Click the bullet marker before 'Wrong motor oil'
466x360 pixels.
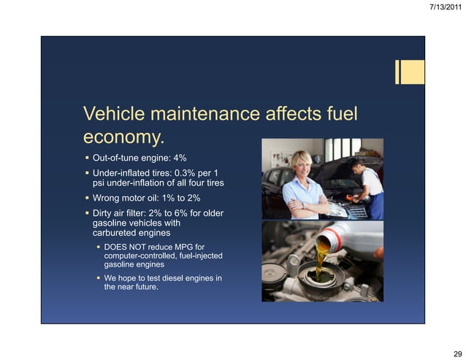pos(86,198)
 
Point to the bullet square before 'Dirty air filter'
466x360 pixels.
pos(86,212)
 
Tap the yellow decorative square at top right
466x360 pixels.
pos(413,72)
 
